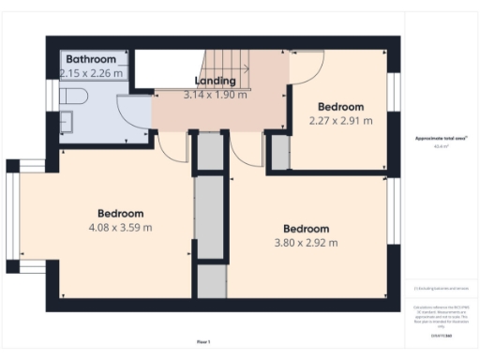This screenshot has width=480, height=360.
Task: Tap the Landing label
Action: click(215, 82)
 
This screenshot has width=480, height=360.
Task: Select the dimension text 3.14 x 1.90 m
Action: click(215, 95)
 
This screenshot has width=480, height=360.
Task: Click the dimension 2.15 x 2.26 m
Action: click(91, 73)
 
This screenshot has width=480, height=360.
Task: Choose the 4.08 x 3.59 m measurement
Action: click(121, 227)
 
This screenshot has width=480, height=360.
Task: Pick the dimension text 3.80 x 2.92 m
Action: click(307, 243)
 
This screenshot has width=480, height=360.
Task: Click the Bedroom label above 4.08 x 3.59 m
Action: click(121, 213)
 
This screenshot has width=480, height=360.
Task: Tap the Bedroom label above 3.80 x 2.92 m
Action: click(307, 229)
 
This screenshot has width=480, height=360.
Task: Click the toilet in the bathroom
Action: click(73, 97)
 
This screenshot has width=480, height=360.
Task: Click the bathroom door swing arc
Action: click(139, 114)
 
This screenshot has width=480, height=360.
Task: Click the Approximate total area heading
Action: click(441, 139)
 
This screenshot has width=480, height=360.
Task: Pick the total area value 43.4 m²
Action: click(441, 146)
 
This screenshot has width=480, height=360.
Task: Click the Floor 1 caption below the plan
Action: click(203, 341)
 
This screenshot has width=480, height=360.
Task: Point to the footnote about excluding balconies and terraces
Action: click(441, 289)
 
